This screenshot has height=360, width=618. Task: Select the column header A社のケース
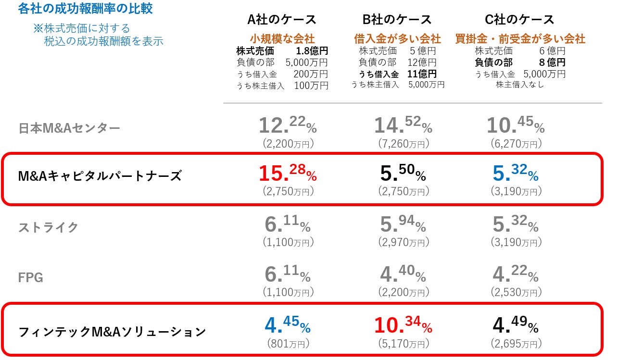pos(282,20)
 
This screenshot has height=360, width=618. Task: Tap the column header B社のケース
pos(397,20)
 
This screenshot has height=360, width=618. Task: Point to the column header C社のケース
pos(520,20)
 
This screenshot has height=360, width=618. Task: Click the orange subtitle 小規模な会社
pos(282,38)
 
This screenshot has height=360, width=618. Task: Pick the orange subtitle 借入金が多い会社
pos(397,38)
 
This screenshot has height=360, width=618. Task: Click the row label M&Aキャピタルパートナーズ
pos(100,176)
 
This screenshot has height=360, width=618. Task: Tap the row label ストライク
pos(48,227)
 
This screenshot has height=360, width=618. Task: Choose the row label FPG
pos(31,277)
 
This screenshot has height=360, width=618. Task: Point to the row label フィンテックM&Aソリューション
pos(112,332)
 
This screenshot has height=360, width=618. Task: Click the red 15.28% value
pos(287,174)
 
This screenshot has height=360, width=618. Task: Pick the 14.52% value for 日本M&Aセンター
pos(403,124)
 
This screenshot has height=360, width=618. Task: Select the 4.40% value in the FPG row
pos(403,274)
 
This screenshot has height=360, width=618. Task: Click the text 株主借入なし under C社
pos(520,85)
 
